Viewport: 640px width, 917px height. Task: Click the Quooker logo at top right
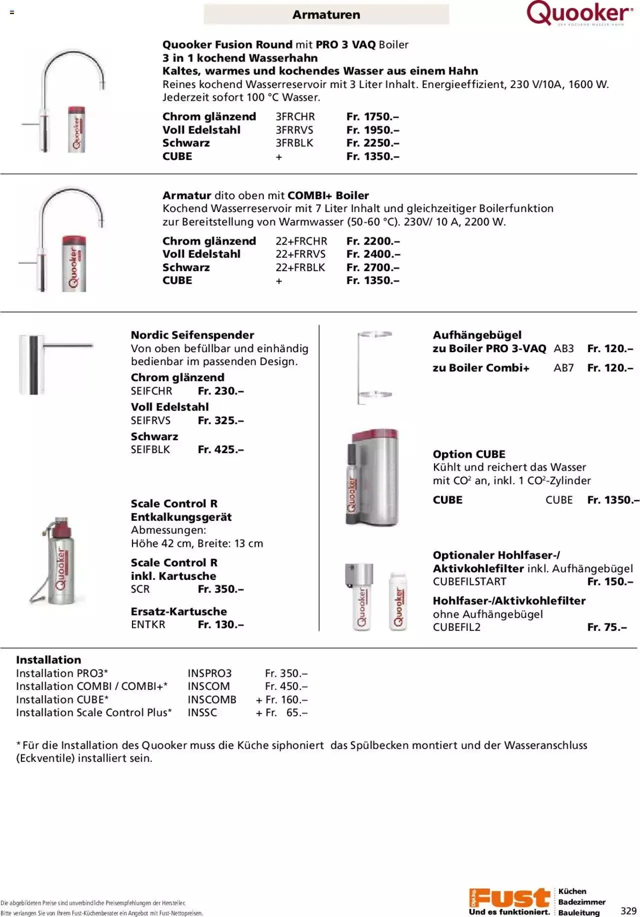[579, 14]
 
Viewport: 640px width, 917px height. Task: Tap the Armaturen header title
[326, 15]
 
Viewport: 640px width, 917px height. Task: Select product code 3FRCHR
[295, 117]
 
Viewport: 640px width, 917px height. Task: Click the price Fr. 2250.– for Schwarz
[372, 143]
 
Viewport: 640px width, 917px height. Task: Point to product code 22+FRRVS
[300, 254]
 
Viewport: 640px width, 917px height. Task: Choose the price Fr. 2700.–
[373, 268]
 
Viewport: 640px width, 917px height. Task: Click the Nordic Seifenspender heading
[192, 335]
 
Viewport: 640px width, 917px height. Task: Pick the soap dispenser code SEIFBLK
[150, 450]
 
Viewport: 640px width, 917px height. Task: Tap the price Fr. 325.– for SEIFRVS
[220, 421]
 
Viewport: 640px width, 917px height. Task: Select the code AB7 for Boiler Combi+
[563, 368]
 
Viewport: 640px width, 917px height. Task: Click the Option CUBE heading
[469, 454]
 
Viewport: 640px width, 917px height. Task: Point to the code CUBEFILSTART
[469, 582]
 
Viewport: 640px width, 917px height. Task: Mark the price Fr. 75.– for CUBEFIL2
[606, 627]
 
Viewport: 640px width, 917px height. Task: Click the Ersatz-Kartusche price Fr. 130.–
[220, 625]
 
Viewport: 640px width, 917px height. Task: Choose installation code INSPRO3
[209, 674]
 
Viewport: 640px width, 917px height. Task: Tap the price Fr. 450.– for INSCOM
[286, 687]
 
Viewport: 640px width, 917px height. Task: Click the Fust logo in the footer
[509, 899]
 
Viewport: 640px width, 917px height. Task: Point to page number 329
[628, 911]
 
